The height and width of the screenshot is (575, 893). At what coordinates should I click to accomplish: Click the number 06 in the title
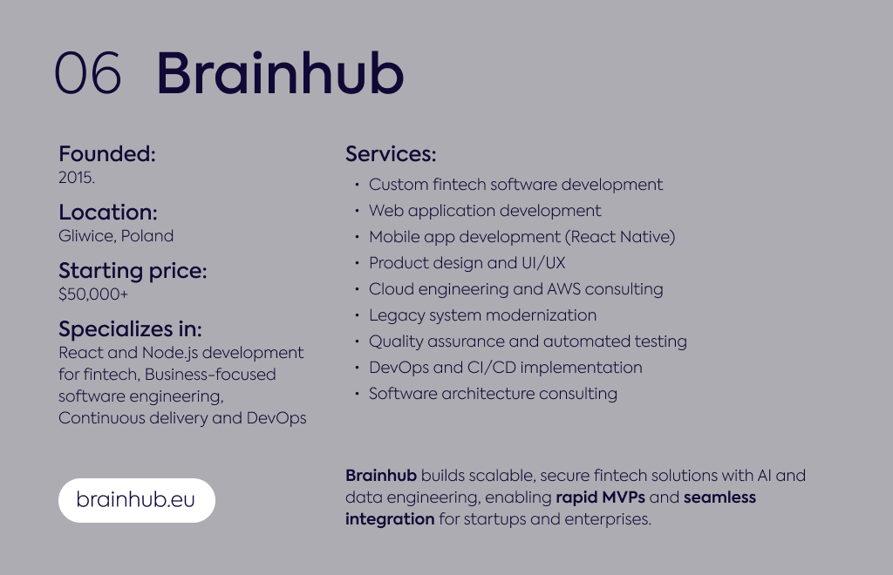tap(88, 72)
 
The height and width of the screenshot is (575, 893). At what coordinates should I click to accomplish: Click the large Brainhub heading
tap(280, 72)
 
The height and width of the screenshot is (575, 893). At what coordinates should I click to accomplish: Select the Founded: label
tap(107, 153)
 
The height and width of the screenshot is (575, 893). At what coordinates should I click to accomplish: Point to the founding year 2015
tap(77, 178)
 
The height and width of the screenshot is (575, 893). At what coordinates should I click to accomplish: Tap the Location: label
tap(107, 213)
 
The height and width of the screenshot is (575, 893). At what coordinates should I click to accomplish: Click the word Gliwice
tap(86, 236)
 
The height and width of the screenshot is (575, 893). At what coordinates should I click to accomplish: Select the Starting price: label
tap(133, 271)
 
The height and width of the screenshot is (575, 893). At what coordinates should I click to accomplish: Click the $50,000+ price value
tap(93, 294)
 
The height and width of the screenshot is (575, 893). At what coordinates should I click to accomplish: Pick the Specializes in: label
tap(131, 329)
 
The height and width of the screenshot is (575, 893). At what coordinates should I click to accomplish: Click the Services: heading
tap(391, 153)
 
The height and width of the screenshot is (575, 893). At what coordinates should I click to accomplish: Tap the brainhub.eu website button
tap(137, 500)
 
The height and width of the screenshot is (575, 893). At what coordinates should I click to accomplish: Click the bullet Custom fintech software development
tap(515, 185)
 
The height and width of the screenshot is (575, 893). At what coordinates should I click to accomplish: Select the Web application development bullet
tap(485, 211)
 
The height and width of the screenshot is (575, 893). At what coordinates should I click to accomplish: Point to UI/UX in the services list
tap(543, 263)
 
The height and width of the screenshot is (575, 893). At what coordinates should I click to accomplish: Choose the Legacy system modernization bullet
tap(482, 315)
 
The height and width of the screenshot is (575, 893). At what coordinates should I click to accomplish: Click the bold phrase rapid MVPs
tap(600, 497)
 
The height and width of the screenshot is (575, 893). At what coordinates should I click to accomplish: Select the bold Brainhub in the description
tap(381, 475)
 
